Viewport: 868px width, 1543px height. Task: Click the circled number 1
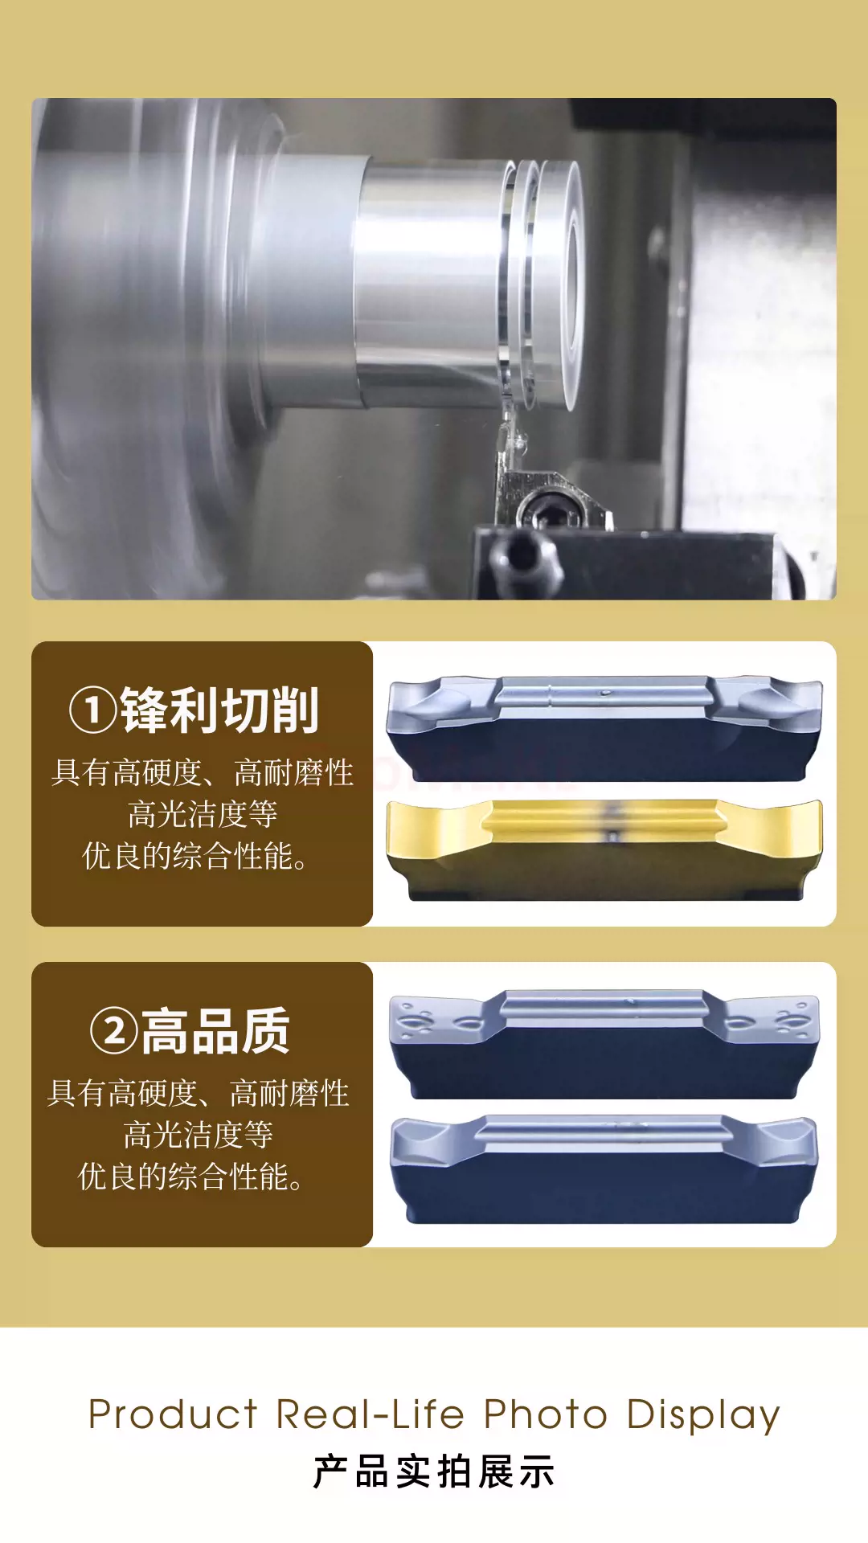[93, 710]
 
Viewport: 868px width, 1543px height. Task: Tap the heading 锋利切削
[219, 710]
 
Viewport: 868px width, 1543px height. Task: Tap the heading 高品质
[215, 1031]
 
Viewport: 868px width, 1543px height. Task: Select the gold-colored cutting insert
[604, 850]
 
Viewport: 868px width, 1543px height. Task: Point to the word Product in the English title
[173, 1414]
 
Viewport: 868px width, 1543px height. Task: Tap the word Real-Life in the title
[371, 1414]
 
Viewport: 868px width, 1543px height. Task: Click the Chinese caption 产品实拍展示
[434, 1472]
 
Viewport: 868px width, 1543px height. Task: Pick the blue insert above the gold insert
[604, 728]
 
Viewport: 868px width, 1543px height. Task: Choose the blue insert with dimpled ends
[604, 1044]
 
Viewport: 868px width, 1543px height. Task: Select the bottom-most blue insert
[604, 1169]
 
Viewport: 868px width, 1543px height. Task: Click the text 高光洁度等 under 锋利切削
[203, 814]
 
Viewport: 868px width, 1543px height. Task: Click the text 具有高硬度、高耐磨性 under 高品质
[199, 1093]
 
